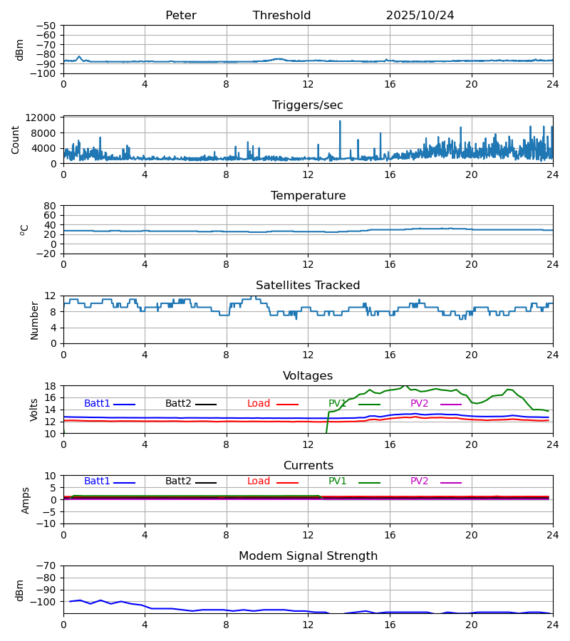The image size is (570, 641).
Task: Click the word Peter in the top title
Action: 180,16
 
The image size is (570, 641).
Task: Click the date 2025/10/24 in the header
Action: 420,16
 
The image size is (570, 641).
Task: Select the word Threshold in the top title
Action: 281,16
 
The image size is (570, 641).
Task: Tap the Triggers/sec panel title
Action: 307,105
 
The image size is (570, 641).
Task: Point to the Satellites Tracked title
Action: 307,286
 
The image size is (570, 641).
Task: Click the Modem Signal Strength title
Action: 307,556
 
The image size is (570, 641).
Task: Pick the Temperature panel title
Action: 307,196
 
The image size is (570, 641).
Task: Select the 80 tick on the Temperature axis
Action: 50,206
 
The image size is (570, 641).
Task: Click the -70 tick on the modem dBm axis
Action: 47,566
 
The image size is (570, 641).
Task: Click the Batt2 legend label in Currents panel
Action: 178,481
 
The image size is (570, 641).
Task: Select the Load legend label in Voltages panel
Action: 259,404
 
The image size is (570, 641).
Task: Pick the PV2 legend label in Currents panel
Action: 420,481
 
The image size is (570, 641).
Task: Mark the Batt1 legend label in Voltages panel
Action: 97,404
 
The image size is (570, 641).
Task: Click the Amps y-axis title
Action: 26,500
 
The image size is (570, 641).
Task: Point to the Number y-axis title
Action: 35,320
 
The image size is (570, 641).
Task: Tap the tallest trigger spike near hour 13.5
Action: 340,122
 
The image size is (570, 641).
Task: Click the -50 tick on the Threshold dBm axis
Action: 47,26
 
